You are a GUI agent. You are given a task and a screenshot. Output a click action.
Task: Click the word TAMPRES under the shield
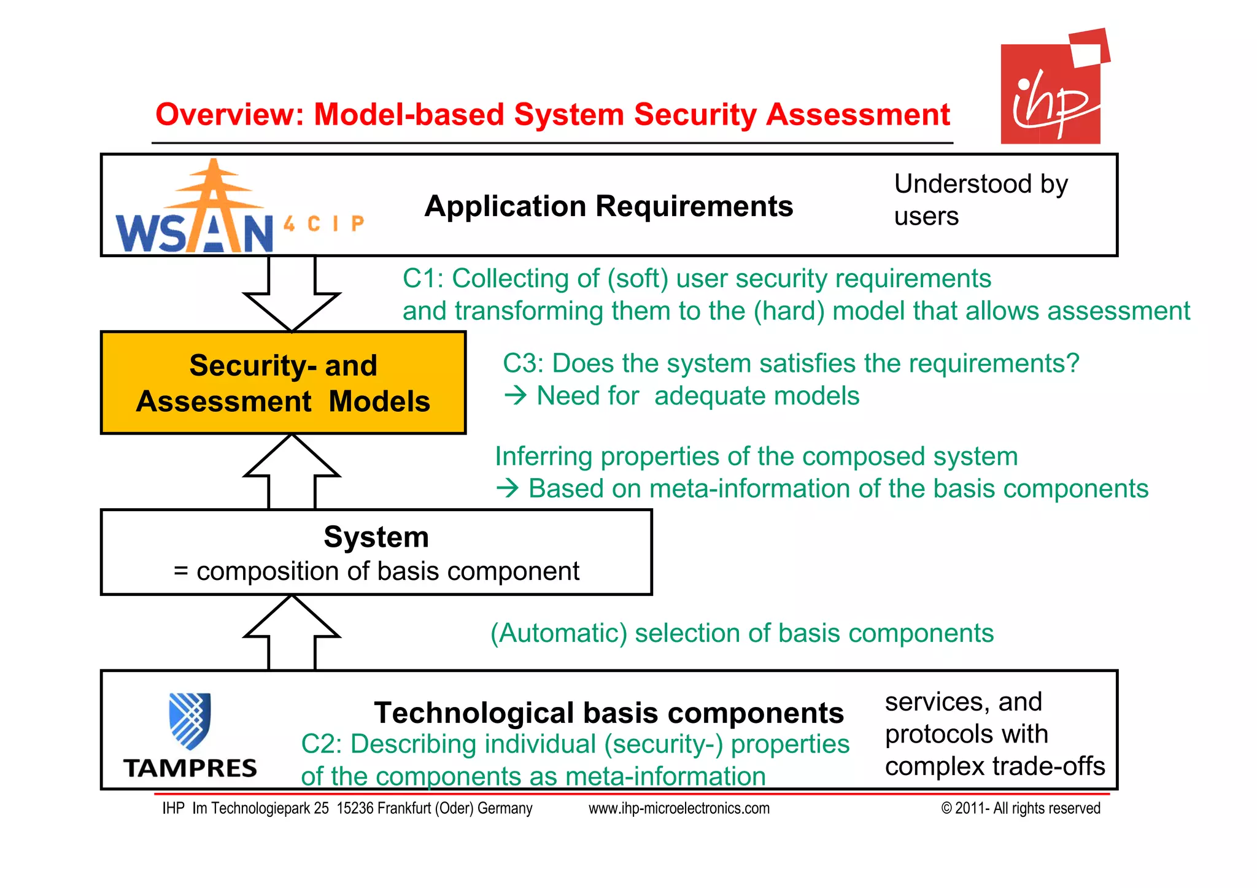click(190, 768)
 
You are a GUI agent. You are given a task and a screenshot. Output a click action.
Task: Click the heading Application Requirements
click(608, 206)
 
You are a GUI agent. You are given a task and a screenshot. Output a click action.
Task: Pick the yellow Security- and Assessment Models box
click(283, 383)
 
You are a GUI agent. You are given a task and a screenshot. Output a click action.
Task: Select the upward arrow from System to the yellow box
click(292, 471)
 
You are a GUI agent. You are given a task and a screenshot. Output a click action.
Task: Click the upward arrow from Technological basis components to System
click(292, 633)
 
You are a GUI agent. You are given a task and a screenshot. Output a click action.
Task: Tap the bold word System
click(376, 537)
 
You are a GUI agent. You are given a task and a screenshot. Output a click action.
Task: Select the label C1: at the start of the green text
click(423, 279)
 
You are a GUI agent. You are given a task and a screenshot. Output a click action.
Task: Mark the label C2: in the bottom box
click(322, 744)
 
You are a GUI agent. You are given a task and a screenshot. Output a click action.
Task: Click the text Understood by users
click(980, 200)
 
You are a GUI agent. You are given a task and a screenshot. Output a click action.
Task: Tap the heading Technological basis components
click(608, 713)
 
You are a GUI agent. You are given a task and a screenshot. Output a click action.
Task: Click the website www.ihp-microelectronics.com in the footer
click(679, 808)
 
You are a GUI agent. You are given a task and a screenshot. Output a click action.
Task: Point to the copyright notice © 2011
click(1020, 808)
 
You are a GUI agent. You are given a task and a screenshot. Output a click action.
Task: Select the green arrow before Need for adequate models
click(516, 396)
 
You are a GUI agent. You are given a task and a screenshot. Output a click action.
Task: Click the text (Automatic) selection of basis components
click(741, 633)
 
